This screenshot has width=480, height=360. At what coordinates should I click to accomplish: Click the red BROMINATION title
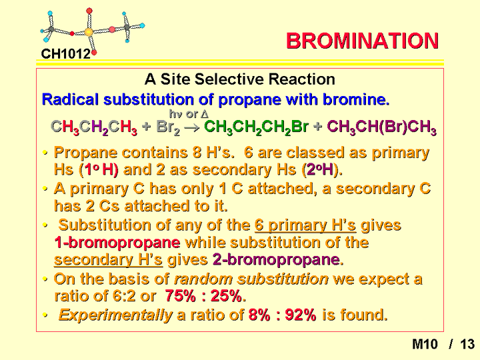tap(362, 41)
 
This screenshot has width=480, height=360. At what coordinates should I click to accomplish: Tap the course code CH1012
tap(66, 54)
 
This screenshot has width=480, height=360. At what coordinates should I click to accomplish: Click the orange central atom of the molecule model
tap(89, 32)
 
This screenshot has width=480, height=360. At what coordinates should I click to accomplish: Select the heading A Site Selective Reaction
tap(240, 79)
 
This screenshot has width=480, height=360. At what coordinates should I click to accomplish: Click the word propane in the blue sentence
tap(249, 100)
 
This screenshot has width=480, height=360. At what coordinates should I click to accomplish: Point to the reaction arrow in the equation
tap(192, 127)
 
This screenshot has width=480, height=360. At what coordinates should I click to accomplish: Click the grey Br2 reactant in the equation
tap(168, 127)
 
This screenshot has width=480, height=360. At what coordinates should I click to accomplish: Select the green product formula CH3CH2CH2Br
tap(256, 127)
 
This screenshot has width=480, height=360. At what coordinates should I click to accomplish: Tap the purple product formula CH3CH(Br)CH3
tap(381, 127)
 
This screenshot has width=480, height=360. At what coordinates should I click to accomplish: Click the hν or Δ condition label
tap(189, 114)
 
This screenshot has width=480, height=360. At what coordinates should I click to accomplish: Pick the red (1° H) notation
tap(98, 169)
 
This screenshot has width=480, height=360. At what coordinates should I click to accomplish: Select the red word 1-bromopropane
tap(117, 243)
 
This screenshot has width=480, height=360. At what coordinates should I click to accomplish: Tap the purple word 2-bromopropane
tap(276, 260)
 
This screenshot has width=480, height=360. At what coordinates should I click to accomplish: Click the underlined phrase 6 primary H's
tap(305, 225)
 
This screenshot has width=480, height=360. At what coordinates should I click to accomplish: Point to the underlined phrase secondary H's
tap(109, 260)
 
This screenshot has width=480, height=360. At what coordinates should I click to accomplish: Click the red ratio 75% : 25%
tap(203, 296)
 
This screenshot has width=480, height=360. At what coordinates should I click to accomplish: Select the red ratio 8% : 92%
tap(282, 315)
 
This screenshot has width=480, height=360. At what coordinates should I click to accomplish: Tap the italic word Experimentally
tap(115, 315)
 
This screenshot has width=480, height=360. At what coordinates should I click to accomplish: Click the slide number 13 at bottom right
tap(467, 344)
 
